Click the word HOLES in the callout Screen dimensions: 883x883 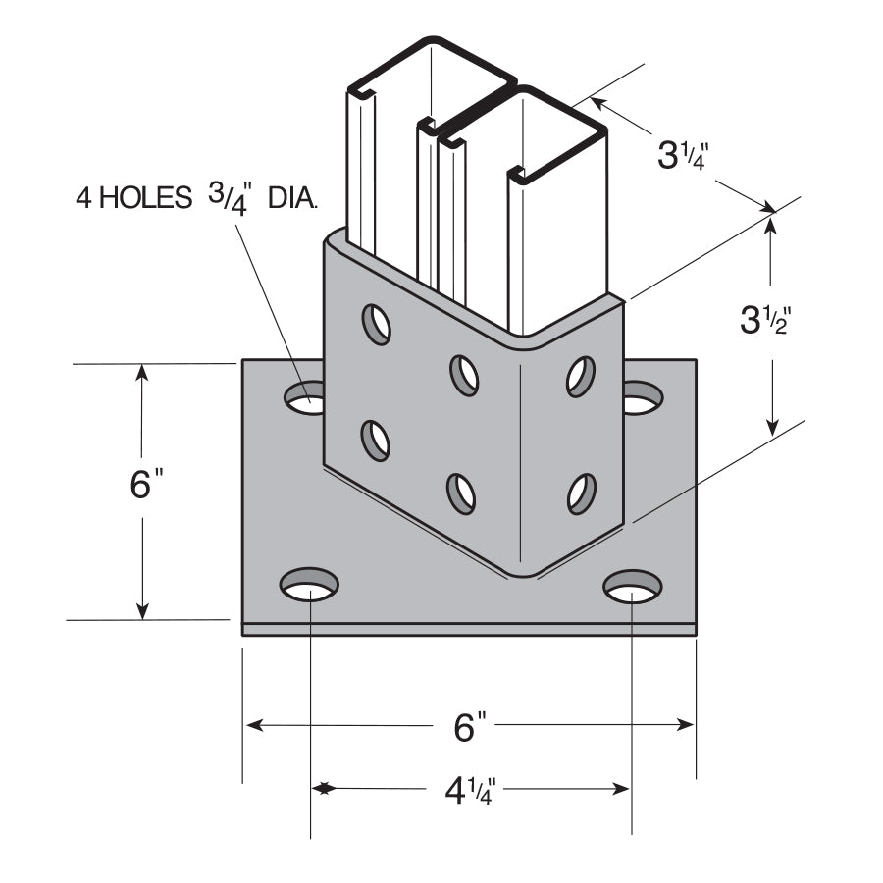point(150,199)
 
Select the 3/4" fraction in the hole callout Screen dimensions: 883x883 point(231,196)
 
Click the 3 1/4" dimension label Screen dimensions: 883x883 point(682,154)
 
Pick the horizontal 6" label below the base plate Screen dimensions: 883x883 point(471,727)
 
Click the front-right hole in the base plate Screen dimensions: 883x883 point(632,587)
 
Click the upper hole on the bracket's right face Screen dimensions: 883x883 point(581,376)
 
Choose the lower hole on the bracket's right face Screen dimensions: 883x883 point(582,493)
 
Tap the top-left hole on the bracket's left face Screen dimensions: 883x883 point(376,324)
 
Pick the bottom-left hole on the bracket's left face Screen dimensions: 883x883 point(375,440)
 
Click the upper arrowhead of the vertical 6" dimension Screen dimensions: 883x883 point(143,372)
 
